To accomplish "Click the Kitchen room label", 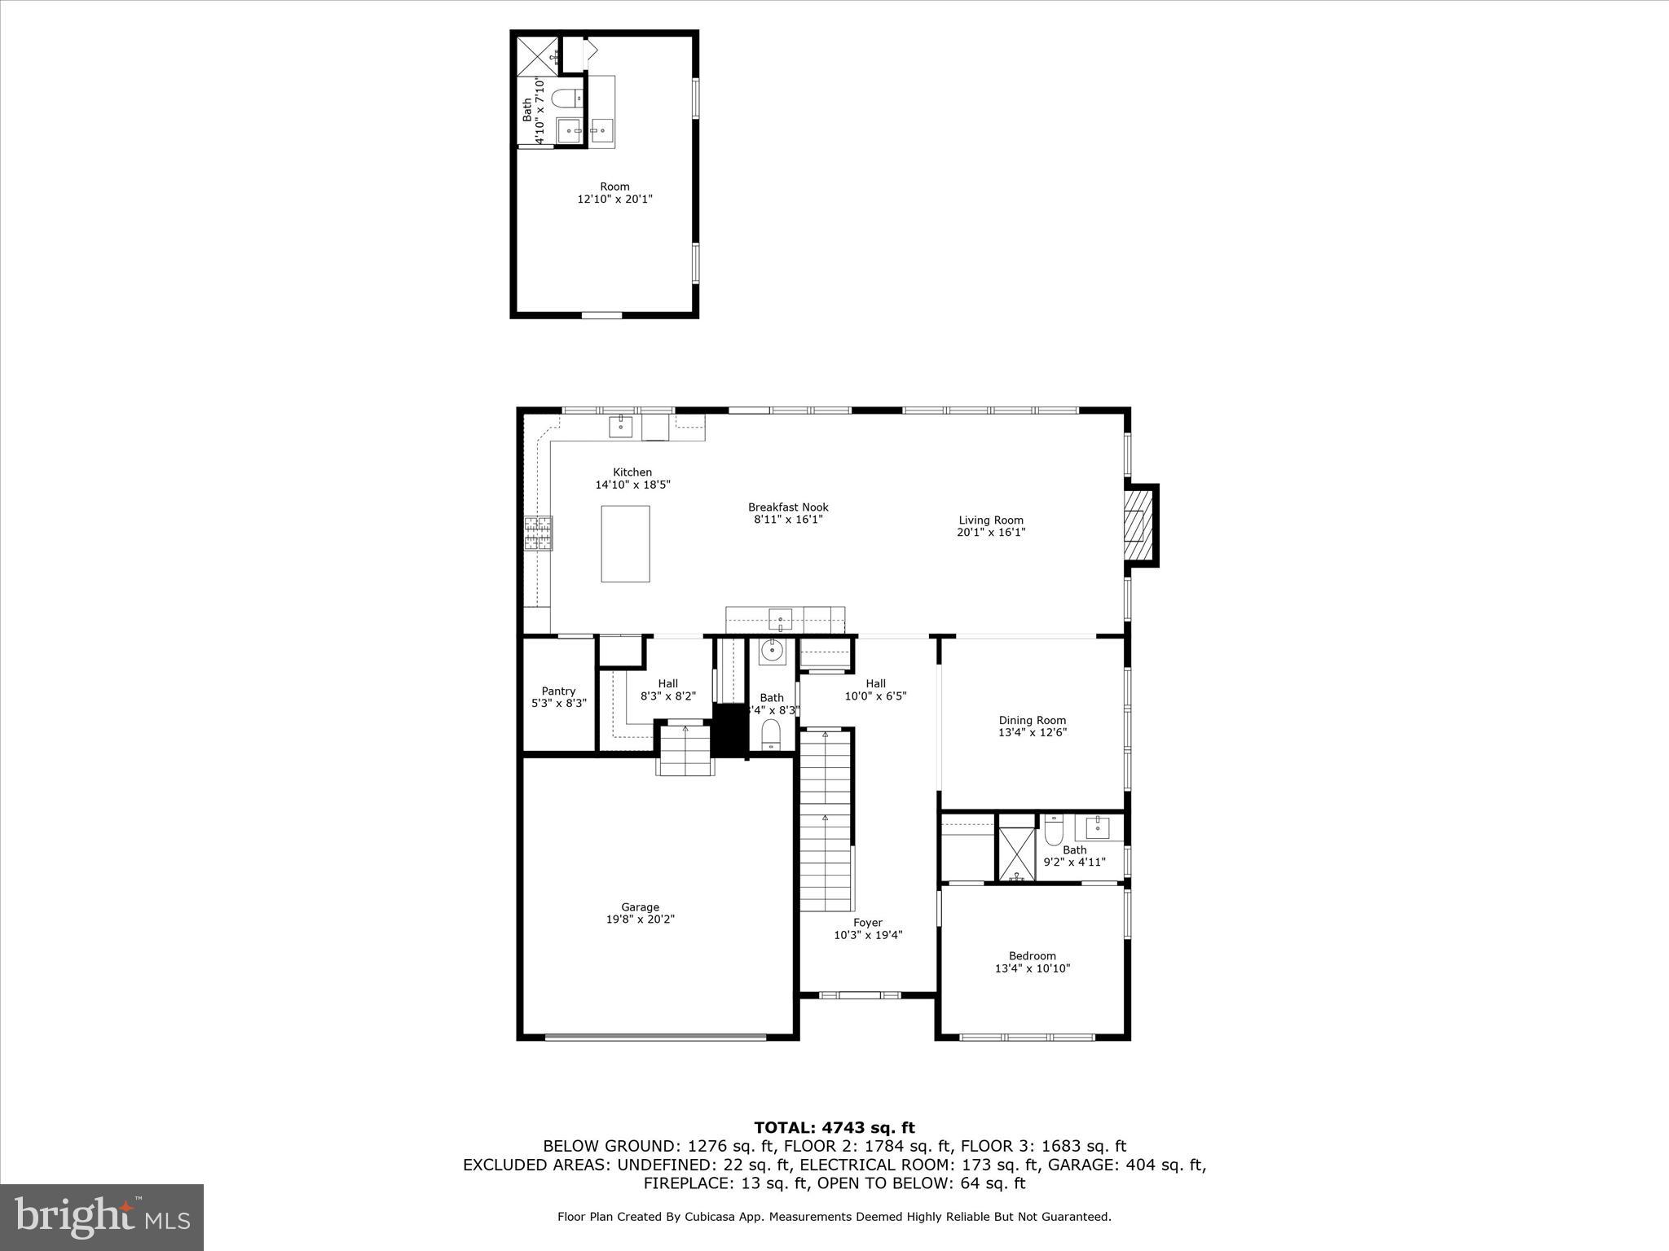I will click(632, 472).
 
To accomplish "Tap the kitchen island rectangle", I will click(625, 543).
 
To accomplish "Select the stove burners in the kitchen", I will click(538, 533).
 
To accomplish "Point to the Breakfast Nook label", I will click(788, 507).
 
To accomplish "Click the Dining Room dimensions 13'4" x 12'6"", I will click(1032, 732).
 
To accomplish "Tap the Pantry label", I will click(558, 691).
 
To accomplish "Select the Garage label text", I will click(640, 907).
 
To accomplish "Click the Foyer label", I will click(867, 923).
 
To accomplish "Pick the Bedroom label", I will click(1032, 956).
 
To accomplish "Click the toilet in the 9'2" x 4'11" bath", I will click(1055, 831).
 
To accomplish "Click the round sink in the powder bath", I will click(771, 651).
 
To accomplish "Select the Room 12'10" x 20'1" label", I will click(614, 193).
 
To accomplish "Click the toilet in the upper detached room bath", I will click(566, 99).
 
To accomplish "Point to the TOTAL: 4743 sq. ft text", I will click(834, 1128).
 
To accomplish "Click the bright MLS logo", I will click(102, 1217).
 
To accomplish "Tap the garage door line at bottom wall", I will click(655, 1037).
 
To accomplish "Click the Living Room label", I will click(990, 520).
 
